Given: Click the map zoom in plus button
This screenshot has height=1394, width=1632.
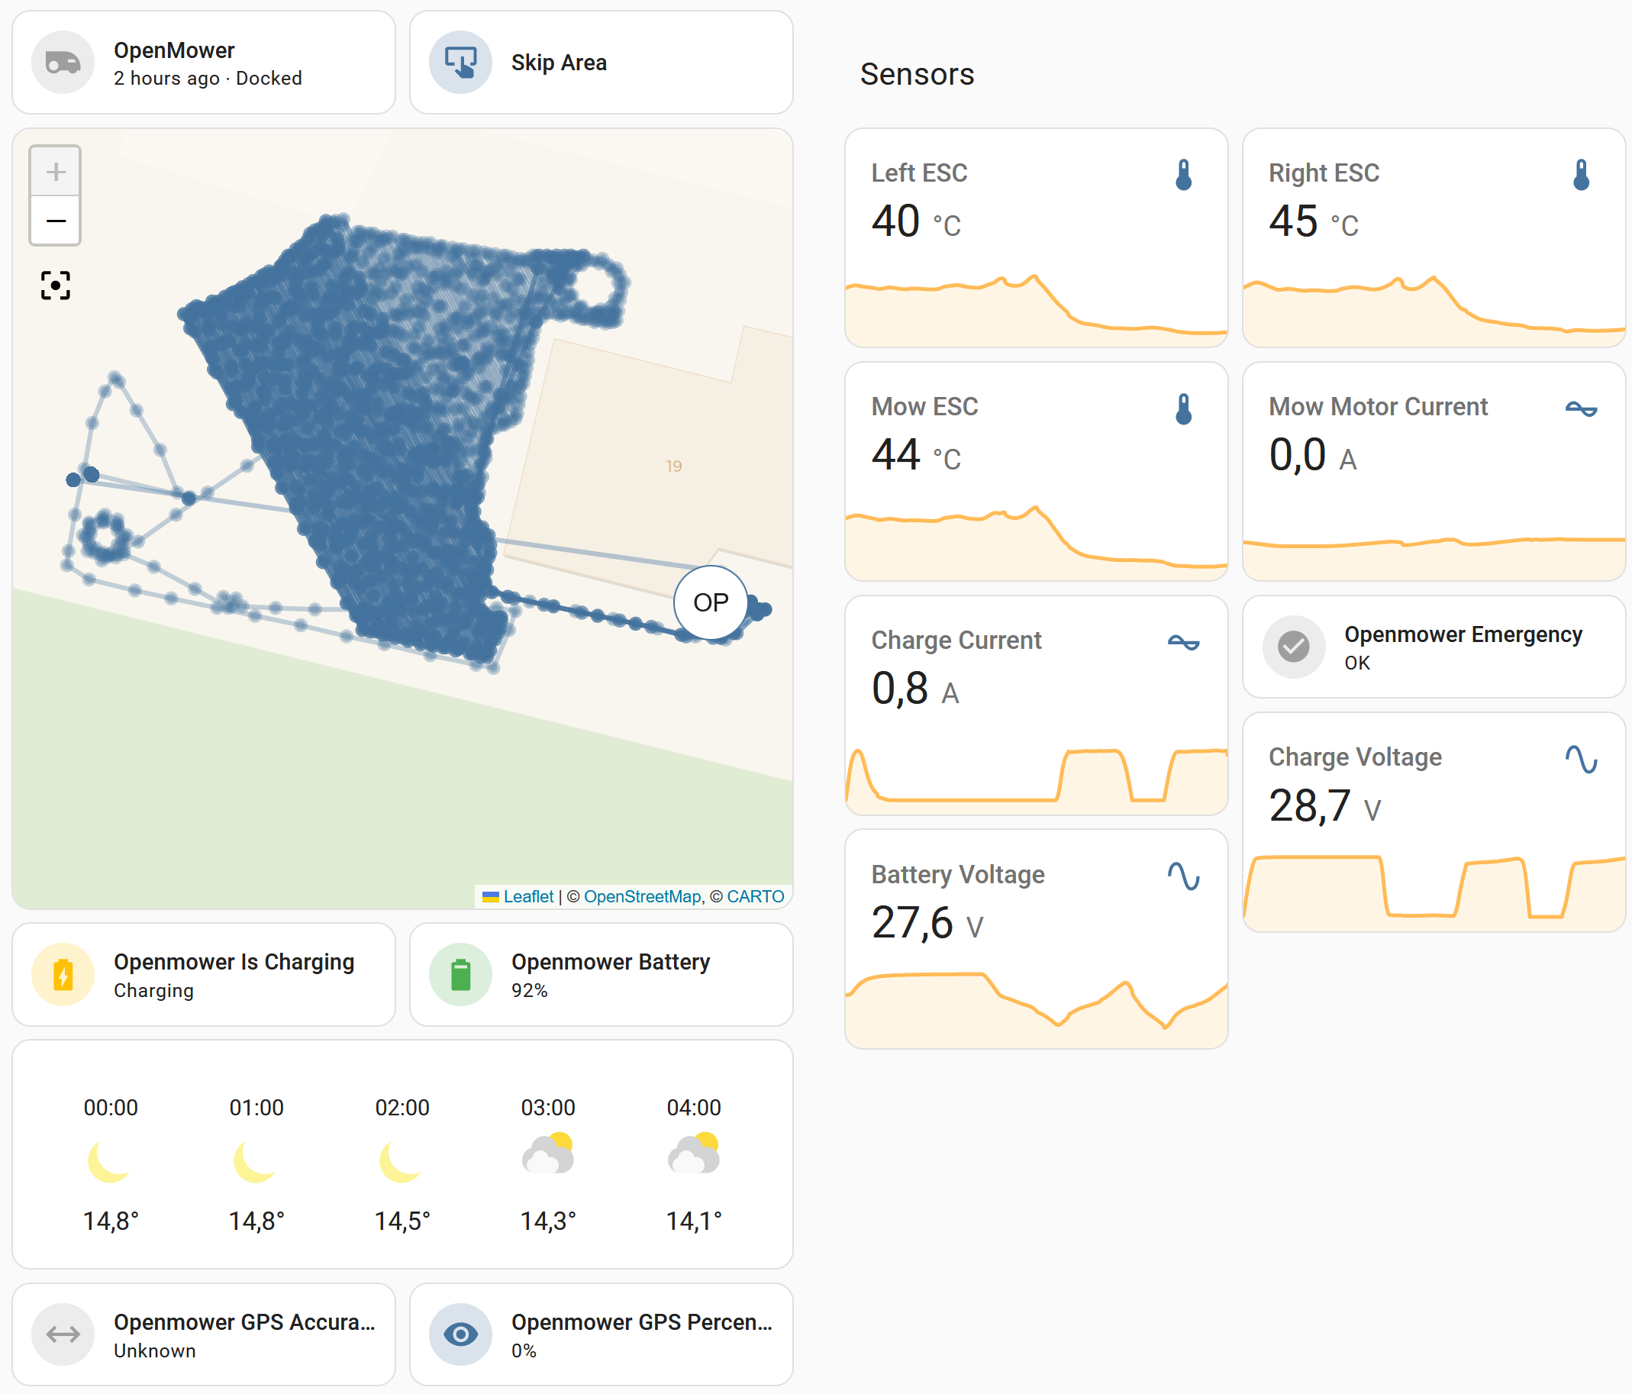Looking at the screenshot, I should click(x=55, y=172).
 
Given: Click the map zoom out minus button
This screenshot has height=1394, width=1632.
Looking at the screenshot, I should click(x=55, y=221).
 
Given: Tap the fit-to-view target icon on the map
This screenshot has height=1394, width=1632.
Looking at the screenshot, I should click(x=55, y=285).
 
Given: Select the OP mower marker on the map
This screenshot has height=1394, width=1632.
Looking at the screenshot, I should click(x=711, y=602).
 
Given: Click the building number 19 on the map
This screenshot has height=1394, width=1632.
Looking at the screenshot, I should click(x=673, y=466).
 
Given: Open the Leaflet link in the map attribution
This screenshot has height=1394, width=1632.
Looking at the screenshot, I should click(x=527, y=896).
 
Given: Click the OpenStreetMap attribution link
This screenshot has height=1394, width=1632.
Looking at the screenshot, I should click(x=642, y=896).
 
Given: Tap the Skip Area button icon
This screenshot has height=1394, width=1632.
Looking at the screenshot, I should click(x=461, y=62).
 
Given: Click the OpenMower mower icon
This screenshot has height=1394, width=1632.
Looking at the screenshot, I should click(x=63, y=62).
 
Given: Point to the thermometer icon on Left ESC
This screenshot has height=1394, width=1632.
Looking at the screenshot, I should click(x=1183, y=175).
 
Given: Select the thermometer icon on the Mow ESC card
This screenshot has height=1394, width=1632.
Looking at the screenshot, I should click(x=1183, y=408).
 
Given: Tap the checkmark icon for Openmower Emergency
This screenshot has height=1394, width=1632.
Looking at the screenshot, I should click(x=1293, y=647).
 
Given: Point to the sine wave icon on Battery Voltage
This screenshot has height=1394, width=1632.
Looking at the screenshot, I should click(x=1183, y=876).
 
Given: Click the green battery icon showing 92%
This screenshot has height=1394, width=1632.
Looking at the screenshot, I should click(x=461, y=974).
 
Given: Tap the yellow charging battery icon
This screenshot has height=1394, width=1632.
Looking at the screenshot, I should click(x=63, y=974).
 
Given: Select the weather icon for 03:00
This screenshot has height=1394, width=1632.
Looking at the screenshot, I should click(x=548, y=1154).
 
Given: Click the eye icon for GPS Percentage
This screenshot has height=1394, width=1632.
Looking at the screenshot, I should click(x=461, y=1335).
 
